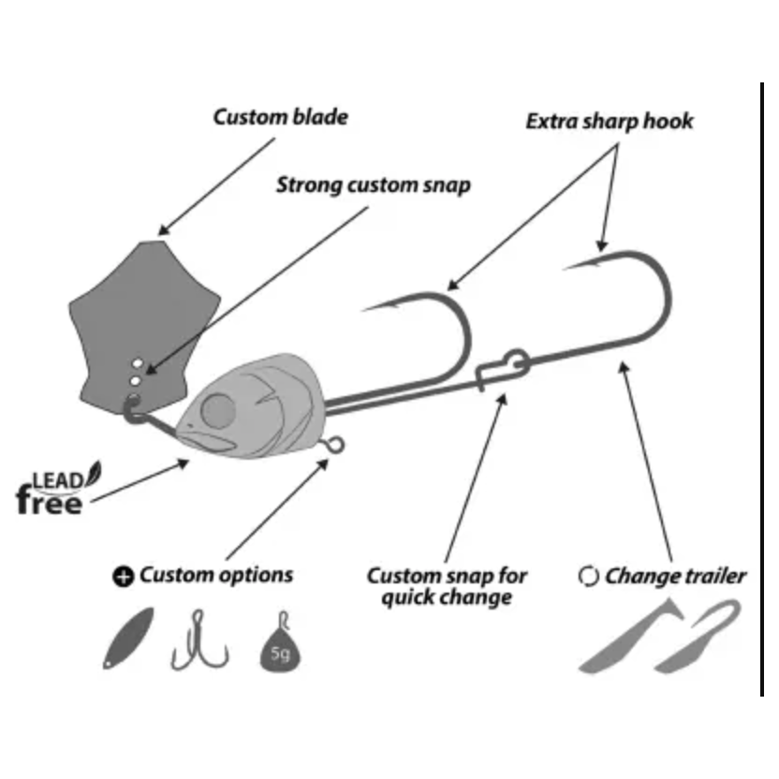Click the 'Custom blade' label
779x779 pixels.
tap(280, 117)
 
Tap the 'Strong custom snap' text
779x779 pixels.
tap(373, 184)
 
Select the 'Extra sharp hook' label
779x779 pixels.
tap(610, 122)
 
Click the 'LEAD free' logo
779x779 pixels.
tap(53, 492)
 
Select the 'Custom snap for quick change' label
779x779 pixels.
tap(446, 585)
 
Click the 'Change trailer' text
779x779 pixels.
tap(675, 576)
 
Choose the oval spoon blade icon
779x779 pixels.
tap(127, 638)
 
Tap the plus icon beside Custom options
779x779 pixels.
tap(123, 577)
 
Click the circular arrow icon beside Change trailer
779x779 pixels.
tap(588, 577)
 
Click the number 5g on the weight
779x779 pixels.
tap(280, 654)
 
